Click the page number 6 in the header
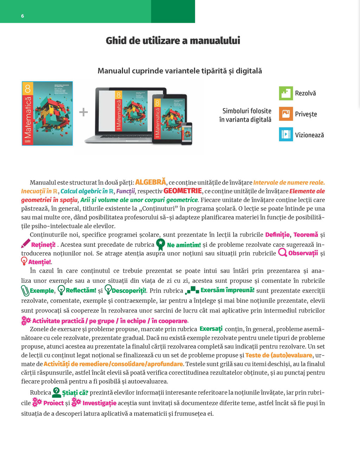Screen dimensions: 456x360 coord(22,16)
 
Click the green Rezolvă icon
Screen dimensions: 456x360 coord(286,93)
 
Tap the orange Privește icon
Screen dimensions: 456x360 coord(286,114)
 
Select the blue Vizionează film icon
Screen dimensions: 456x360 coord(286,135)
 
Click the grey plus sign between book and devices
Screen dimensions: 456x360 coord(83,112)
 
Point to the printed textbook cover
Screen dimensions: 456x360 coord(47,113)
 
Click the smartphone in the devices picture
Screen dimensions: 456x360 coord(187,133)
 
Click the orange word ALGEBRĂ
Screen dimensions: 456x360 coord(150,182)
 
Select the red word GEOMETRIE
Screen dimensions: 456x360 coord(182,191)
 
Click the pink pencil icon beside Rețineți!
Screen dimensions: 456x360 coord(26,243)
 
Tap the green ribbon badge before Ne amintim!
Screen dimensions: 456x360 coord(160,244)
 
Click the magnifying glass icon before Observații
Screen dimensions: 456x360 coord(282,253)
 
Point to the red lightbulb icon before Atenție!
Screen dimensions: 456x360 coord(24,261)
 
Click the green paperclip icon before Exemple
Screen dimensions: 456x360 coord(25,291)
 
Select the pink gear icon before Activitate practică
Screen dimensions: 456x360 coord(26,320)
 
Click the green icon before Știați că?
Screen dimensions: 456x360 coord(56,392)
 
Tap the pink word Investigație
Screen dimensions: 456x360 coord(99,403)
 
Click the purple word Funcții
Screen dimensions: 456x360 coord(126,191)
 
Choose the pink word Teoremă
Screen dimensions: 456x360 coord(306,235)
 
